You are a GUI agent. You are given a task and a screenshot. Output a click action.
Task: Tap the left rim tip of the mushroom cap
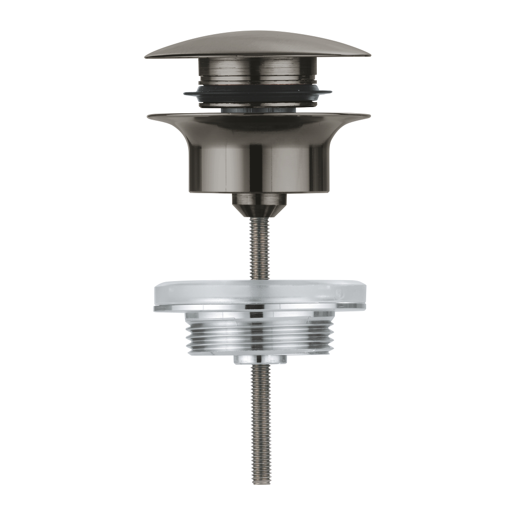tap(146, 57)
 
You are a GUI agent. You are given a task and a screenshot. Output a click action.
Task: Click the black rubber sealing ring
tap(257, 95)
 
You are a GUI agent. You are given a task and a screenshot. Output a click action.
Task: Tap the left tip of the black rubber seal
tap(185, 93)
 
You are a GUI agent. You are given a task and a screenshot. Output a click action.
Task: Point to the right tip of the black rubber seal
tap(331, 93)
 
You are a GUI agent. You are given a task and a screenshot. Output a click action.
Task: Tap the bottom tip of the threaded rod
tap(261, 483)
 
